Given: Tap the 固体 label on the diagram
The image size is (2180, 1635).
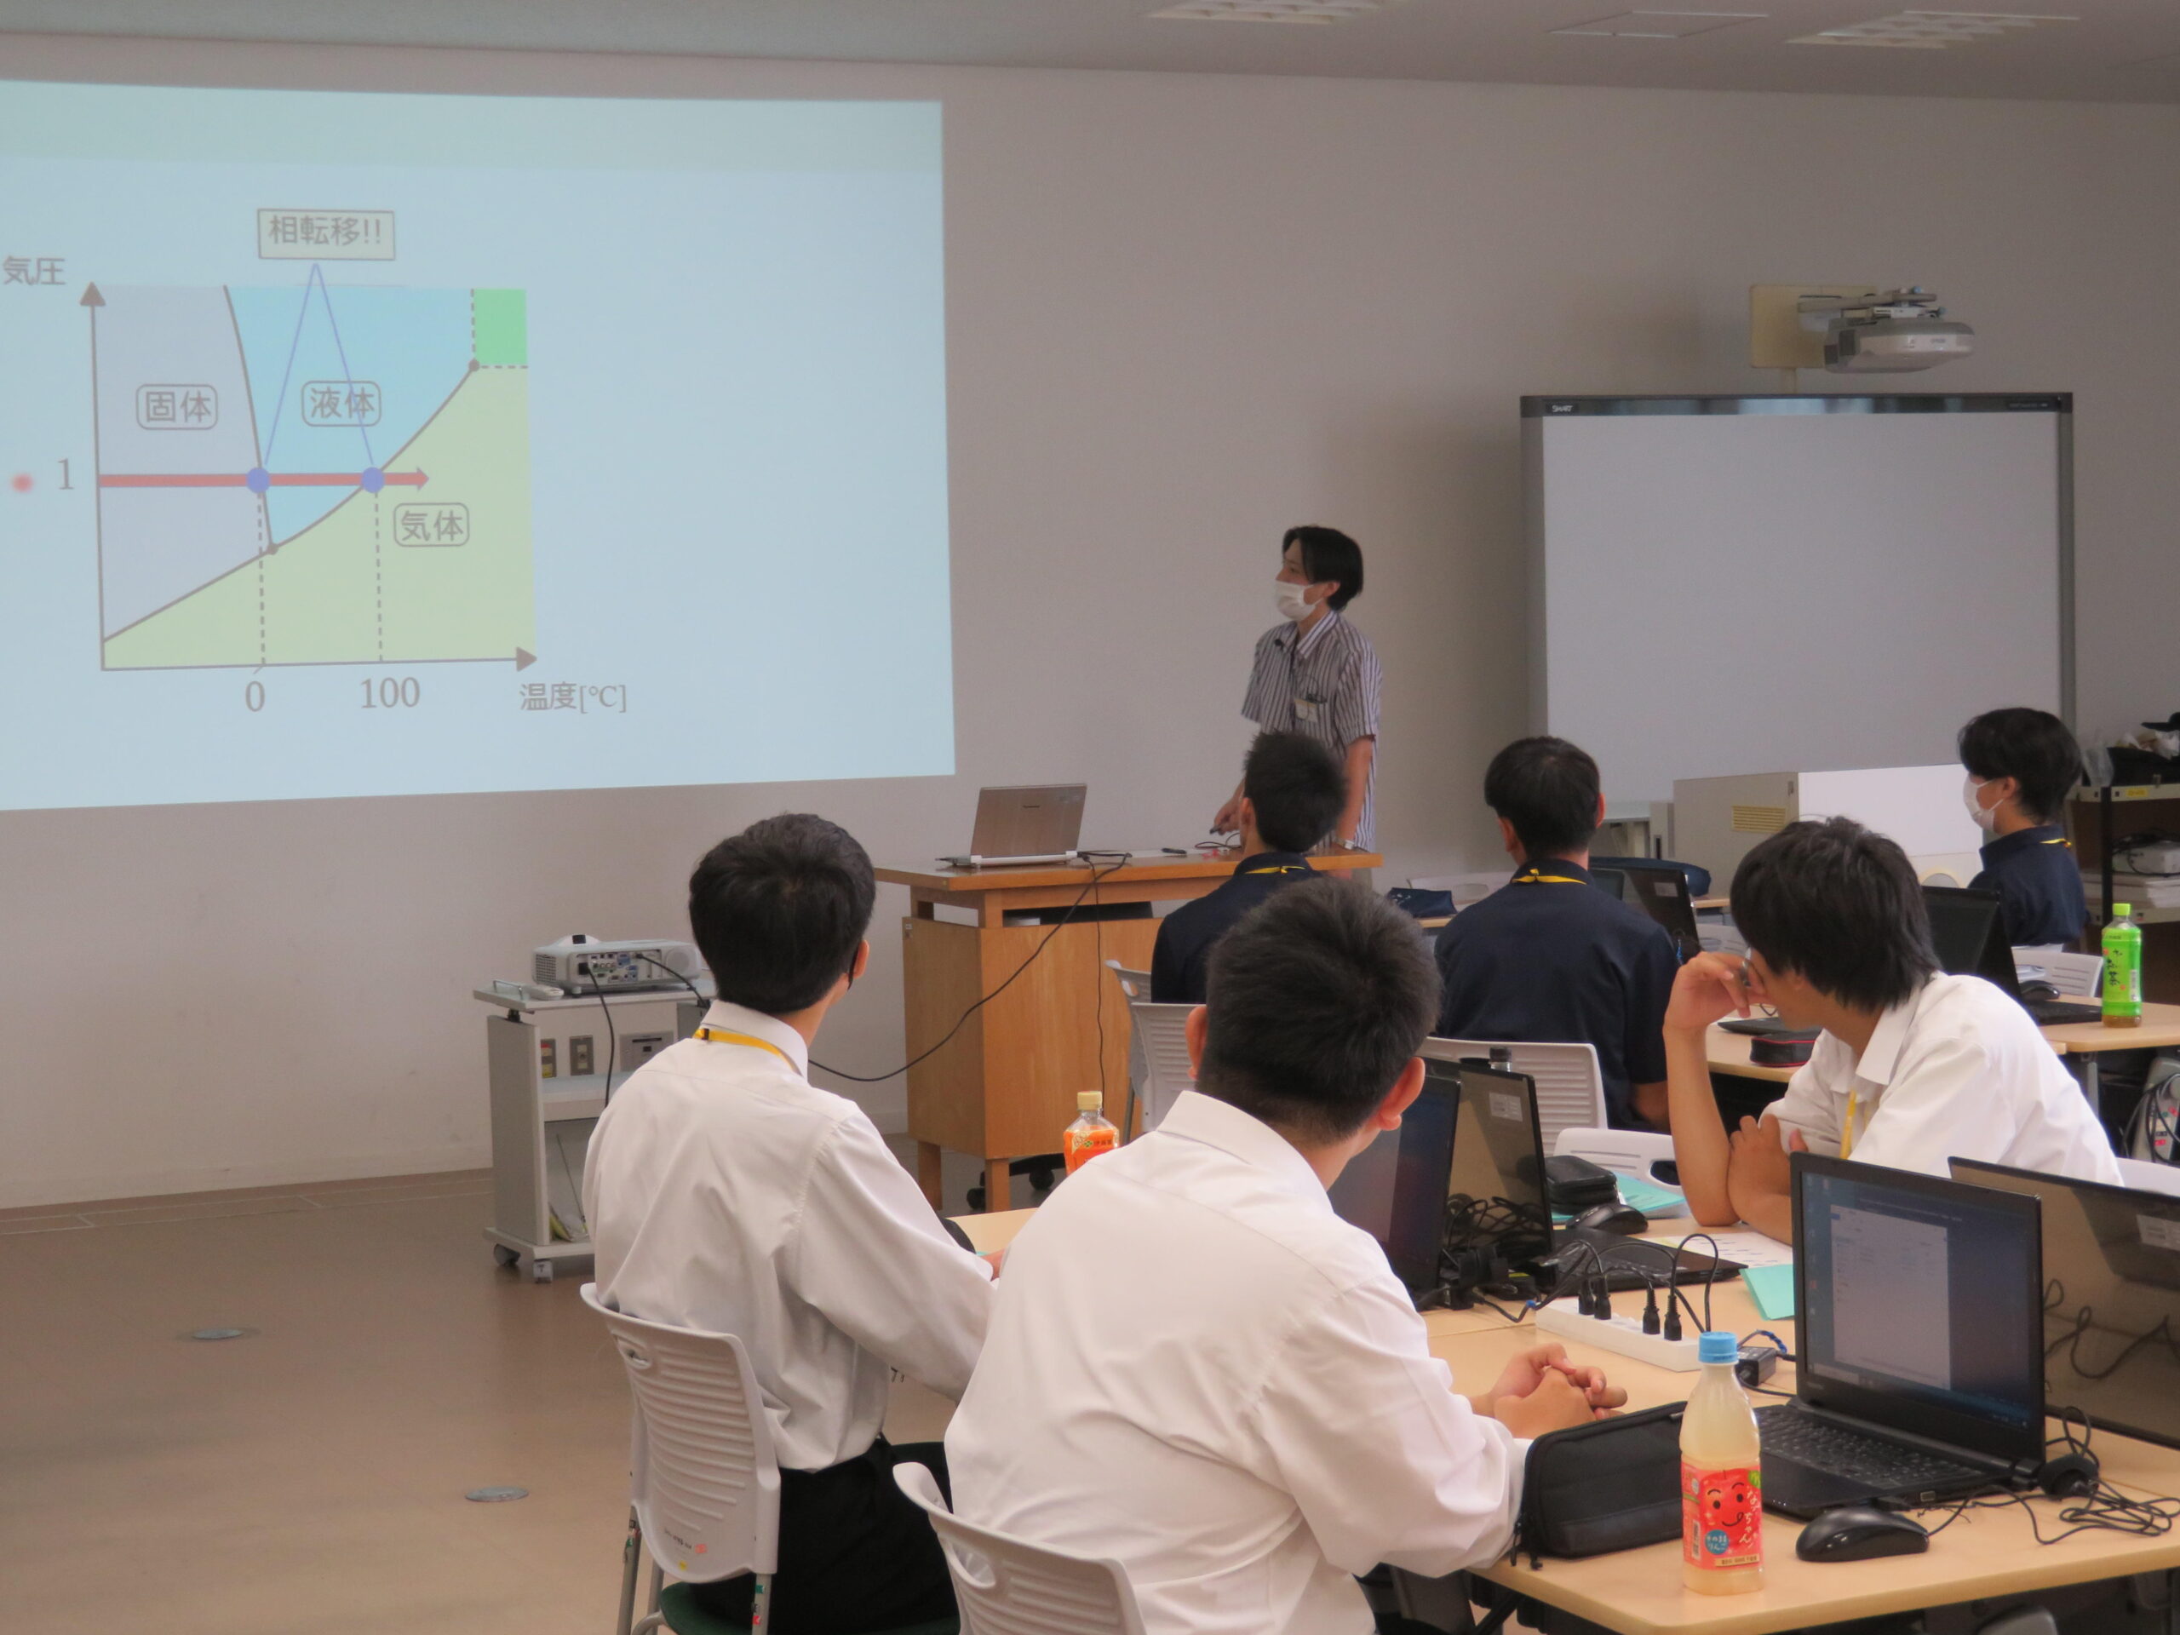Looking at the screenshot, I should click(x=177, y=406).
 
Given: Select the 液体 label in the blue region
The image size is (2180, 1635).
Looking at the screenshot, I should click(x=341, y=402).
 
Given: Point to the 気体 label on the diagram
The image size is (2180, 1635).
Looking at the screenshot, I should click(x=431, y=525).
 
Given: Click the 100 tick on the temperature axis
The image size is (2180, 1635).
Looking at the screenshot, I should click(x=389, y=694).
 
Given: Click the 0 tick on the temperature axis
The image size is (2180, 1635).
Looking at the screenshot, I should click(x=255, y=697).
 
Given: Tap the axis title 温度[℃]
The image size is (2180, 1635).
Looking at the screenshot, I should click(x=571, y=697).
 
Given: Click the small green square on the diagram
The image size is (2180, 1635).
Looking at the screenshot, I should click(x=500, y=327).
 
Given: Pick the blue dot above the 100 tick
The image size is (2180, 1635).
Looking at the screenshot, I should click(x=371, y=480).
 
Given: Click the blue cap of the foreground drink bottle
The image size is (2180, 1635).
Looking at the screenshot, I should click(x=1717, y=1348).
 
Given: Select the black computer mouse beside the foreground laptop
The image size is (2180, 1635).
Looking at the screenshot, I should click(x=1861, y=1533).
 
